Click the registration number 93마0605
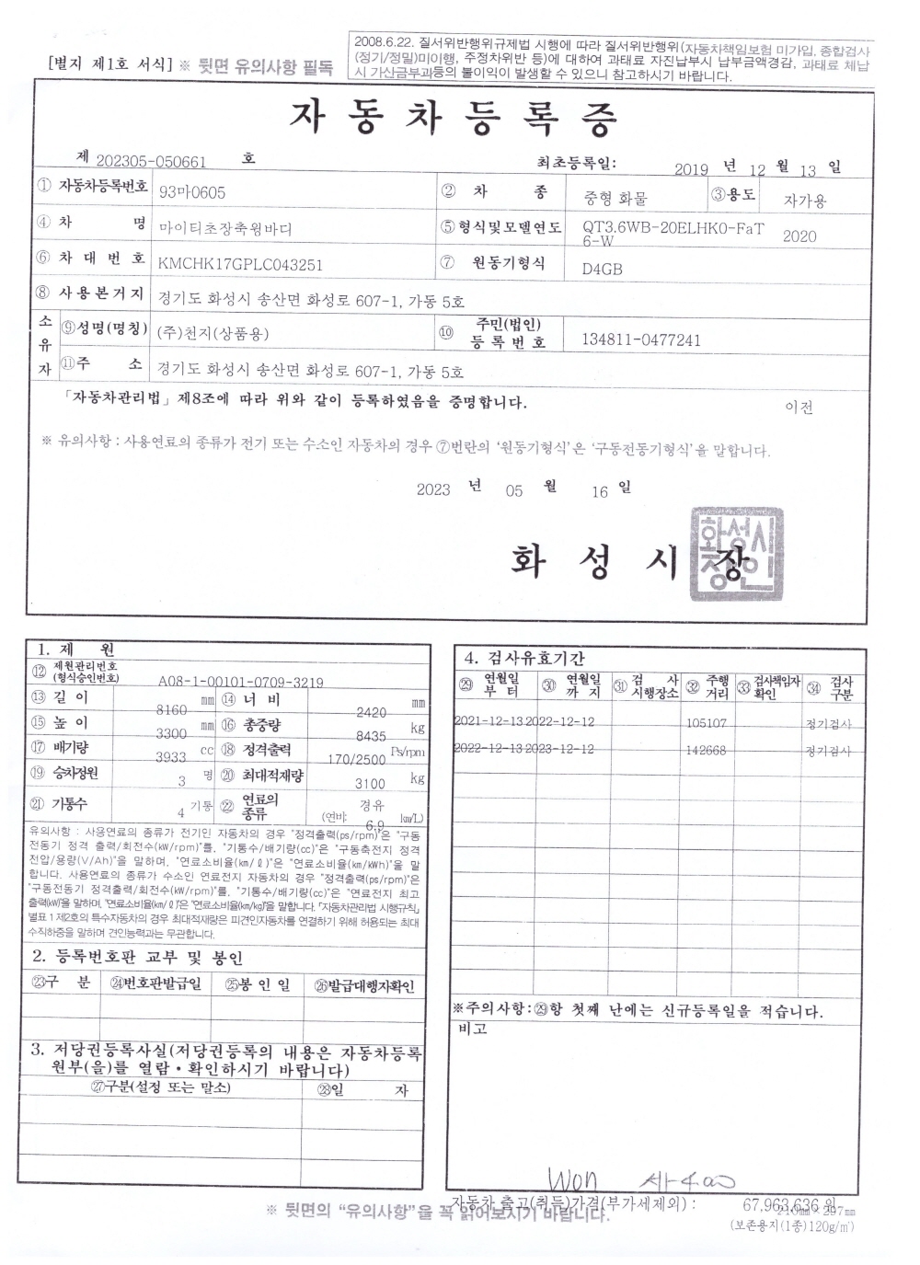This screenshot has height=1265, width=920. (191, 192)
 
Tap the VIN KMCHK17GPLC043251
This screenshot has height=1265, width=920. (240, 265)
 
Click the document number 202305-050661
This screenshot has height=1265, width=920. (151, 162)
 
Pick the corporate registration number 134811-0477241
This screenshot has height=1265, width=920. (641, 340)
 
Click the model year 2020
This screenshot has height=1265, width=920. (799, 236)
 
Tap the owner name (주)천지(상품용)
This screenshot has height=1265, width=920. (213, 333)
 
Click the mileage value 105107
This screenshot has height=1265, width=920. (707, 724)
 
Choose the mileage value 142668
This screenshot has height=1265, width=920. (707, 751)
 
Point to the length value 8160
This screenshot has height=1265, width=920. (172, 710)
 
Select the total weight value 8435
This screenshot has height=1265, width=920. (371, 737)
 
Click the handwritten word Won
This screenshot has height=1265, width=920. (571, 1181)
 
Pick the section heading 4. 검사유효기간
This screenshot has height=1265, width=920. (524, 658)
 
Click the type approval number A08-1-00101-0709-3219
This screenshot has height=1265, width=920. (240, 682)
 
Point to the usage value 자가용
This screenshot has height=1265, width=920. (805, 200)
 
